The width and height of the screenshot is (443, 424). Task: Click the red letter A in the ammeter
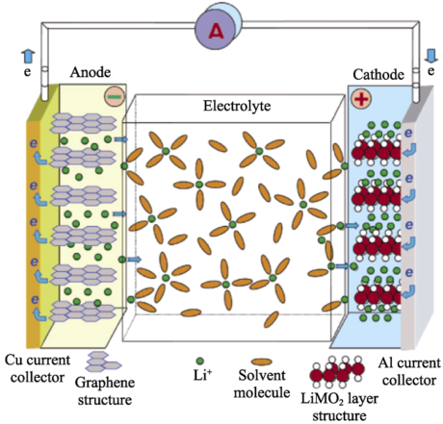tap(216, 31)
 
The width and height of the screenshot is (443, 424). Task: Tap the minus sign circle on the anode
tap(115, 96)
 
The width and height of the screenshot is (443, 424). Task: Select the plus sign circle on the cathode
tap(361, 98)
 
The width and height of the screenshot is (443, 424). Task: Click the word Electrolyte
tap(237, 106)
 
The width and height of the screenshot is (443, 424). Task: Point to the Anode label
tap(91, 72)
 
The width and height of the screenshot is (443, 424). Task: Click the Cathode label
tap(378, 75)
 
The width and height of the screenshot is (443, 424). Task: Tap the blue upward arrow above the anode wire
tap(28, 57)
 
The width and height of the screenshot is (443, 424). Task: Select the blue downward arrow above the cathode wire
tap(430, 56)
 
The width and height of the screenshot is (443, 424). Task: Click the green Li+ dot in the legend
tap(199, 362)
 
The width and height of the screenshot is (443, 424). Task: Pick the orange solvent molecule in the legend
tap(262, 362)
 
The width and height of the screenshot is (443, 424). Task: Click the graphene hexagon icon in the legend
tap(103, 362)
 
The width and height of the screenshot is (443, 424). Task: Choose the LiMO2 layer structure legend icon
tap(337, 371)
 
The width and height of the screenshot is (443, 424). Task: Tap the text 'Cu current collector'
tap(38, 368)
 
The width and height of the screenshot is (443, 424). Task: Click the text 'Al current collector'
tap(409, 372)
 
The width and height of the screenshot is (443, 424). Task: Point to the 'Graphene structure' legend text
tap(105, 391)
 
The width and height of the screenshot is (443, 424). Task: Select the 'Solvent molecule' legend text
tap(262, 384)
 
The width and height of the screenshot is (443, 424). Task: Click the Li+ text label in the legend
tap(202, 375)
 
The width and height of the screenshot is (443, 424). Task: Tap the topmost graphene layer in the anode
tap(84, 123)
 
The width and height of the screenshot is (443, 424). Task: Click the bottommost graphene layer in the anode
tap(84, 311)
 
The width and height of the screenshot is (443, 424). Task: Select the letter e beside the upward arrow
tap(28, 72)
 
